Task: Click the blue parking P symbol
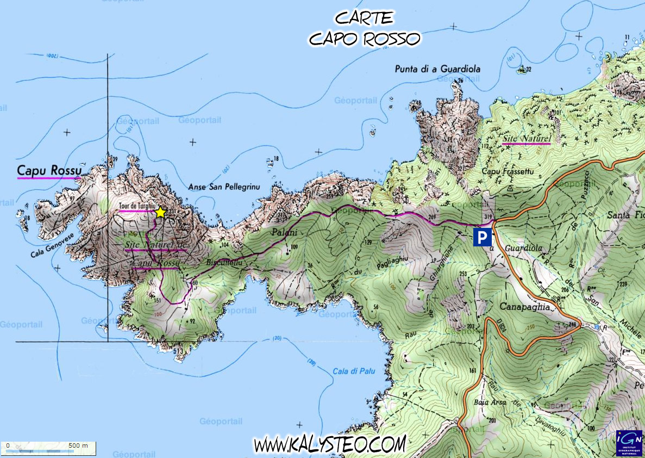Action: click(x=483, y=237)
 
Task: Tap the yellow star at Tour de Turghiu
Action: click(x=160, y=213)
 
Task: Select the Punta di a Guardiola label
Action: click(x=438, y=69)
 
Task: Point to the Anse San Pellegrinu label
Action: click(x=224, y=187)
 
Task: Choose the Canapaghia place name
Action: click(x=521, y=307)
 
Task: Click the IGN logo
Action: click(x=629, y=443)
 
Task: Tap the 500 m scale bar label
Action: click(x=78, y=445)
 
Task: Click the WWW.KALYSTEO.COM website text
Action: click(x=329, y=444)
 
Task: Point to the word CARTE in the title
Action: click(x=364, y=18)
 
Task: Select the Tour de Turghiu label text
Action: click(x=136, y=207)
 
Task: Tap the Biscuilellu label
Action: click(x=223, y=263)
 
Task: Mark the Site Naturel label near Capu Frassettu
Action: click(x=526, y=139)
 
